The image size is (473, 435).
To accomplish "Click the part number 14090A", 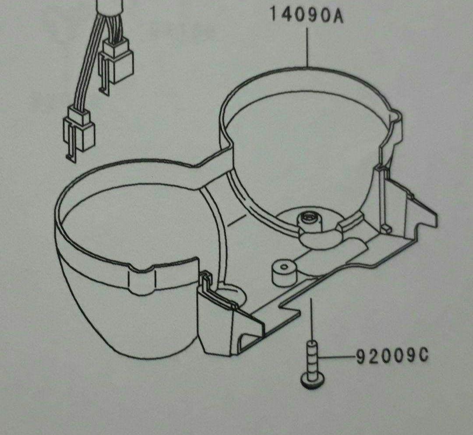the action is tap(307, 15).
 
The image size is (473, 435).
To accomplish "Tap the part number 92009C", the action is tap(392, 357).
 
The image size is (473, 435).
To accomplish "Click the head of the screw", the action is tap(313, 380).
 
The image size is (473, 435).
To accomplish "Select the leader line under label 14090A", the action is tap(307, 47).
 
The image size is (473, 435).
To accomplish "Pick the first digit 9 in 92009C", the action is tap(361, 357).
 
